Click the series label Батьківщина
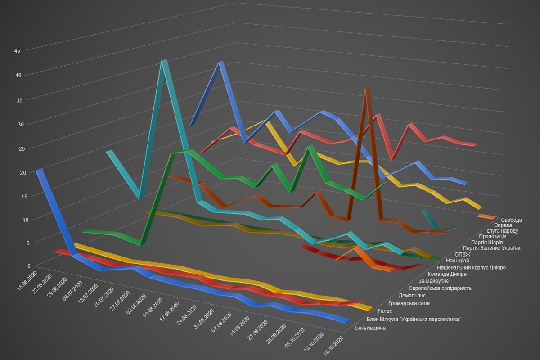click(370, 328)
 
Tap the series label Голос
click(384, 311)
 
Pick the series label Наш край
click(458, 260)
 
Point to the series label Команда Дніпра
click(447, 274)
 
